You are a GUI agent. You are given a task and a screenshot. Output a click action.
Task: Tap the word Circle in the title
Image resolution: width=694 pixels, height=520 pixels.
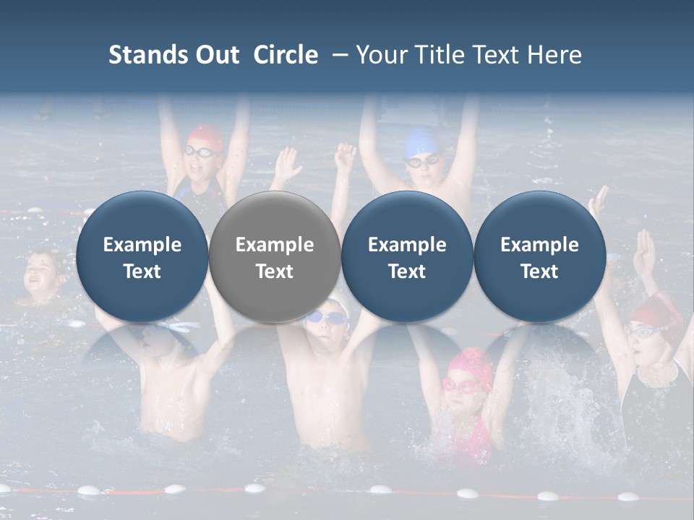coord(286,55)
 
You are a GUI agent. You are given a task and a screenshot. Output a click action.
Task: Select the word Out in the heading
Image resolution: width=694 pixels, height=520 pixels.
coord(215,55)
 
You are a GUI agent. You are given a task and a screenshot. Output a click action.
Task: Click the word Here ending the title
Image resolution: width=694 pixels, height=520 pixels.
coord(554,55)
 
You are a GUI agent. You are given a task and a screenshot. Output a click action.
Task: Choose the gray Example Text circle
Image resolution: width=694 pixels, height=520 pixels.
coord(275,257)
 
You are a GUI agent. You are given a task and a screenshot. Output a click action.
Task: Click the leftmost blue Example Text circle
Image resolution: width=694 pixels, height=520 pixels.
coord(142,257)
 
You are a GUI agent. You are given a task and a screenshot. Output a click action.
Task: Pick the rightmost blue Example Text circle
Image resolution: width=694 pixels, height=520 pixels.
coord(540,257)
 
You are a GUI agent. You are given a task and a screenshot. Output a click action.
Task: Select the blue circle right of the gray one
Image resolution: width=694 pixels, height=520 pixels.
coord(407,257)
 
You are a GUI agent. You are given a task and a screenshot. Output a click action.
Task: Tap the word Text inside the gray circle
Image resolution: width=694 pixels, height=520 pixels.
coord(275,272)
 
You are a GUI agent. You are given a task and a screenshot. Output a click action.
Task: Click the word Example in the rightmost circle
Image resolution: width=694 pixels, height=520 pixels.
coord(540,245)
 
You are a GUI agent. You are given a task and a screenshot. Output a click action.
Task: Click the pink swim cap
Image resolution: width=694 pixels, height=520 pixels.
coord(470,361)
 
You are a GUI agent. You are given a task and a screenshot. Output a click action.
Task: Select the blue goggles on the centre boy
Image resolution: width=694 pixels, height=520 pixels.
coord(325,317)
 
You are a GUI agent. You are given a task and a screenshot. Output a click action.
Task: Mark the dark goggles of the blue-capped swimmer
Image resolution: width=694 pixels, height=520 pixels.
coord(421,160)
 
